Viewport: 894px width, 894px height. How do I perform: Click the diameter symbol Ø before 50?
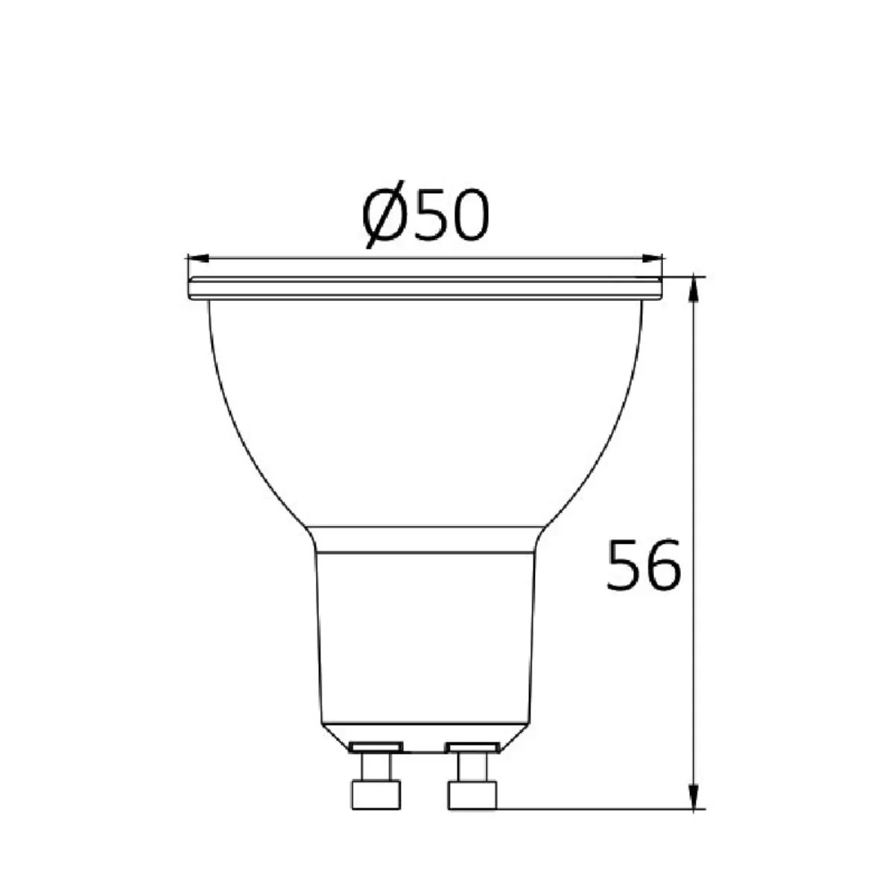click(x=382, y=215)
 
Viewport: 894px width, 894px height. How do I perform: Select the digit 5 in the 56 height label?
click(x=624, y=564)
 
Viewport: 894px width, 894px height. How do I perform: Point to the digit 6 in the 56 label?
click(x=663, y=564)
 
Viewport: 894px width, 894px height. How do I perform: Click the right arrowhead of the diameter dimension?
click(x=652, y=259)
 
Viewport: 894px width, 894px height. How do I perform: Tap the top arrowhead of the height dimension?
click(x=693, y=288)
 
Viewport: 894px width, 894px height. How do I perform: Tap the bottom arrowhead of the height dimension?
click(x=693, y=796)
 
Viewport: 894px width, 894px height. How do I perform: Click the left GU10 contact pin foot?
click(x=376, y=795)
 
